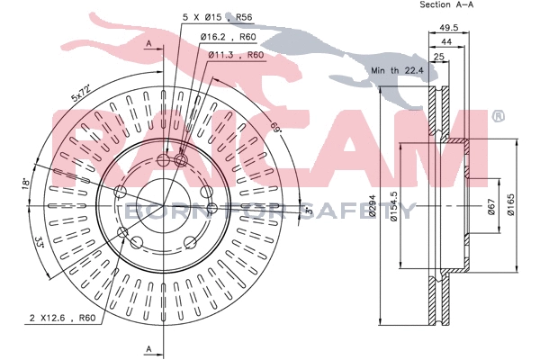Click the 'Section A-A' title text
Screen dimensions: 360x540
pos(446,5)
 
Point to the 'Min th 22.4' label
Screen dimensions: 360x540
pos(396,70)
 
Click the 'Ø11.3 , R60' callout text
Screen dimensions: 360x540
pos(237,55)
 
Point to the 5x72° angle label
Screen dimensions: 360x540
pos(84,92)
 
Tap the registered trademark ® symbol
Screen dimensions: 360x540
pos(498,115)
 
